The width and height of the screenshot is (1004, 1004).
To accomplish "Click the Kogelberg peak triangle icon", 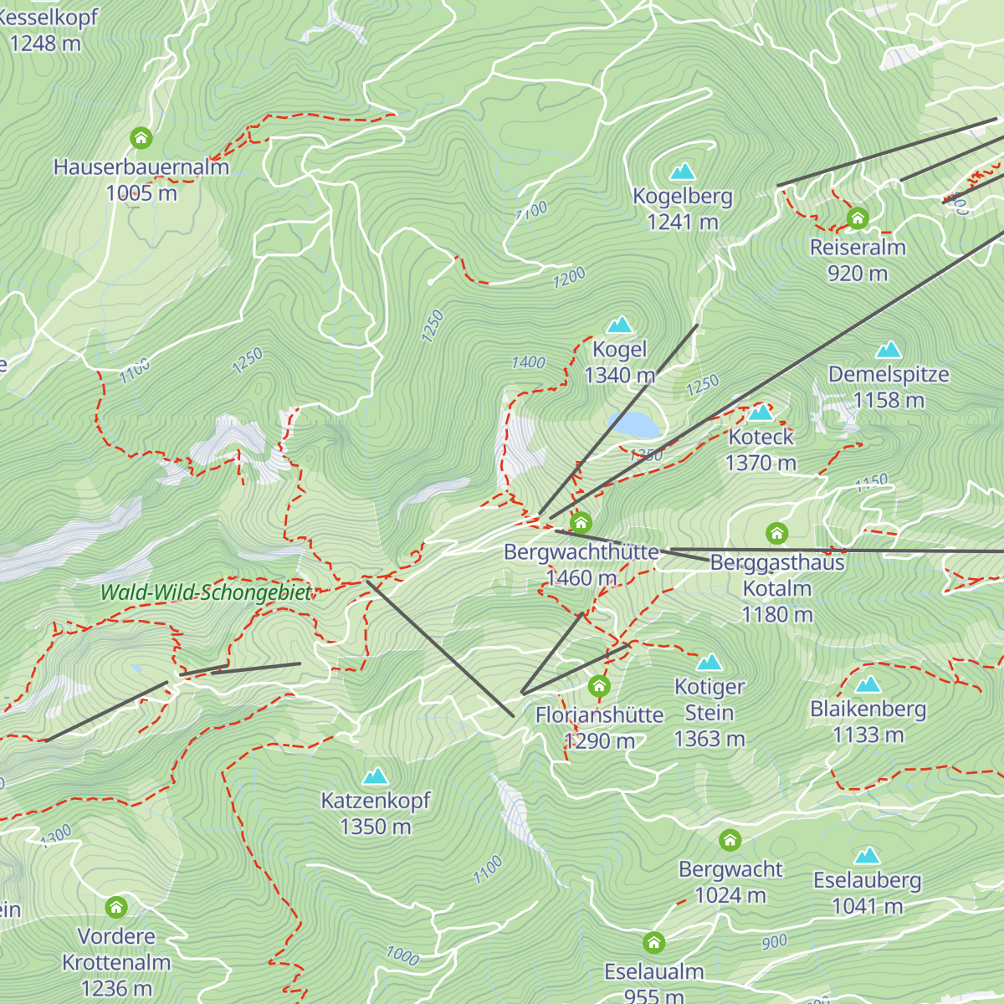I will point(683,172).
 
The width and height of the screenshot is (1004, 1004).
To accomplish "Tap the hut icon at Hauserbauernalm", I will point(141,137).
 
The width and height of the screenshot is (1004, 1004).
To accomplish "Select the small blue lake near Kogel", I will point(633,424).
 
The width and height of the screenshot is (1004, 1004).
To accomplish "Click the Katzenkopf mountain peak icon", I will point(376,776).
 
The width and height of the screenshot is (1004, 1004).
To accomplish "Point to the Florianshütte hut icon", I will point(598,687).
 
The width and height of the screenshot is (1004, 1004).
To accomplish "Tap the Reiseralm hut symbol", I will point(858,219).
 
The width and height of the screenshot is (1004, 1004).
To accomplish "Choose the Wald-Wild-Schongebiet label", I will point(205,592).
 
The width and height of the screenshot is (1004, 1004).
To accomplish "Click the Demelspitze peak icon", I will point(889,350).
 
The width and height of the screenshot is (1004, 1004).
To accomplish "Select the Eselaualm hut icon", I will point(654,943).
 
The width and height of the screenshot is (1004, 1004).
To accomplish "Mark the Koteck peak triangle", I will point(761,412).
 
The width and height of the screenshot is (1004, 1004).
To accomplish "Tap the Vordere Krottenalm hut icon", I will point(116,907).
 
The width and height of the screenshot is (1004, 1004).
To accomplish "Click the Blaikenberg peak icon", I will point(868,685).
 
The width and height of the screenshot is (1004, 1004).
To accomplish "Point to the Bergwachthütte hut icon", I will point(581,524).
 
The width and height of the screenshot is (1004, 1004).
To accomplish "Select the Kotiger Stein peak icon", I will point(709,663).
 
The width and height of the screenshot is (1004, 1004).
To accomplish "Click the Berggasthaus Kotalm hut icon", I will point(777,533).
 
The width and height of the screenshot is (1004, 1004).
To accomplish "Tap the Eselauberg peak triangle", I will point(868,856).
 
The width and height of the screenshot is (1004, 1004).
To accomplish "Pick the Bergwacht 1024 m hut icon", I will point(730,840).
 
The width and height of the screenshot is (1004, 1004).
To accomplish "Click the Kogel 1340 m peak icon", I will point(620,325).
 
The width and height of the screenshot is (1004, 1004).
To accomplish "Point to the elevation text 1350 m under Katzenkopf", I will point(376,827).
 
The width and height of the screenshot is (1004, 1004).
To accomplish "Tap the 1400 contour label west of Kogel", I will point(529,362).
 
